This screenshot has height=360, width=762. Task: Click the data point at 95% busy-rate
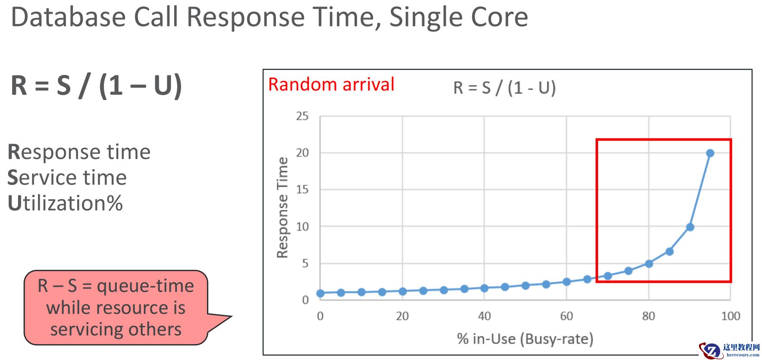(710, 153)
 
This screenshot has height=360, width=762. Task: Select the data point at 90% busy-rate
(690, 227)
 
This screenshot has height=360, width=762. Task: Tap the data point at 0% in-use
(320, 293)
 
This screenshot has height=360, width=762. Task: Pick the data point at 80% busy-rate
(649, 263)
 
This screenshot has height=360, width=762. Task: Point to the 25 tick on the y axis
(302, 116)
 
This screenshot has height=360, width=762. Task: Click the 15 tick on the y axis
(302, 189)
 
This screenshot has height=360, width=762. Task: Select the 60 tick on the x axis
(567, 316)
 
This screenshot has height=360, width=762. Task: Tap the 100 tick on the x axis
(731, 316)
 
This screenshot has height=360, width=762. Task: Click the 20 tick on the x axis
(402, 316)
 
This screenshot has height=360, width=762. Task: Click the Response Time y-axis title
(282, 207)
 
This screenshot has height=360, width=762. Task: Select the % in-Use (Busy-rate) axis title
(525, 339)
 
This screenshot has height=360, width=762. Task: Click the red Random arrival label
(331, 85)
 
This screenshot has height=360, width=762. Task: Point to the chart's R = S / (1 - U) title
(505, 88)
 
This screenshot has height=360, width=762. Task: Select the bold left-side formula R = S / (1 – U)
(96, 85)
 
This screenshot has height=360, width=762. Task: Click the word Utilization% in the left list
(65, 203)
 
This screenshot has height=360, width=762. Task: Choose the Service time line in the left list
(67, 178)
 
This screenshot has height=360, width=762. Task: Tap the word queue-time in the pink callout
(145, 286)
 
